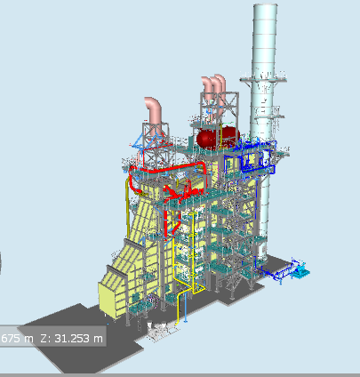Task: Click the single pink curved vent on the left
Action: pos(155,110)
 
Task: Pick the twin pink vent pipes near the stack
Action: pos(211,87)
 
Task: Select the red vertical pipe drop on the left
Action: pos(132,182)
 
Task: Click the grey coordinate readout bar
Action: pos(53,338)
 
